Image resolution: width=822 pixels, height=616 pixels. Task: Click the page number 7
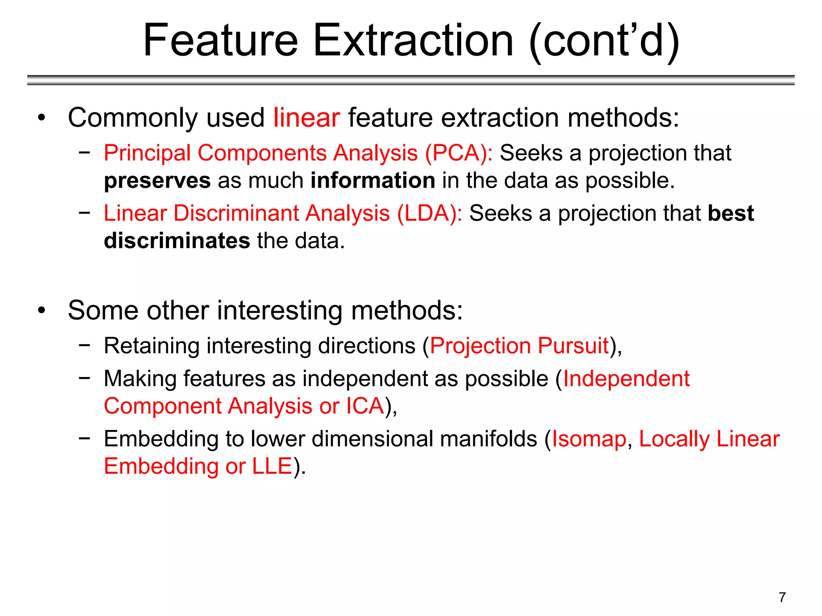(782, 597)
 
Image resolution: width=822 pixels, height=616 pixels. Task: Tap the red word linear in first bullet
(307, 118)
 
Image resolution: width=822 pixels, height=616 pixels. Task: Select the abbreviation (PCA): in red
(459, 153)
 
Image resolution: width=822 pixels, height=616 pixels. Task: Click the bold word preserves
(157, 181)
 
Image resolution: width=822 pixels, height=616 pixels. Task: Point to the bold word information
(373, 180)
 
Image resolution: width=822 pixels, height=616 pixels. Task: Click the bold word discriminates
(177, 241)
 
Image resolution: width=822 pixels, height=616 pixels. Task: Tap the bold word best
(730, 213)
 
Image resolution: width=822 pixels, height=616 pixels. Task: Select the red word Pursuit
(573, 346)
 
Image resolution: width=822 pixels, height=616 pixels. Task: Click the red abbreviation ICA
(365, 406)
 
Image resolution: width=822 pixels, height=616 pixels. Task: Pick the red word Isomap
(589, 439)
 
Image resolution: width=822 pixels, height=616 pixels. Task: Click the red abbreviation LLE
(272, 466)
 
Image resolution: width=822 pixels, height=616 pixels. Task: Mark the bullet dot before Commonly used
(41, 118)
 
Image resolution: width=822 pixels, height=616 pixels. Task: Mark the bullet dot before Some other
(41, 311)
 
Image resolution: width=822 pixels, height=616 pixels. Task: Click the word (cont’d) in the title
(604, 41)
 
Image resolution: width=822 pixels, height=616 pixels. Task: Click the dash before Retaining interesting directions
(84, 345)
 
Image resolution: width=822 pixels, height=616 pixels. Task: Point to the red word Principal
(147, 153)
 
